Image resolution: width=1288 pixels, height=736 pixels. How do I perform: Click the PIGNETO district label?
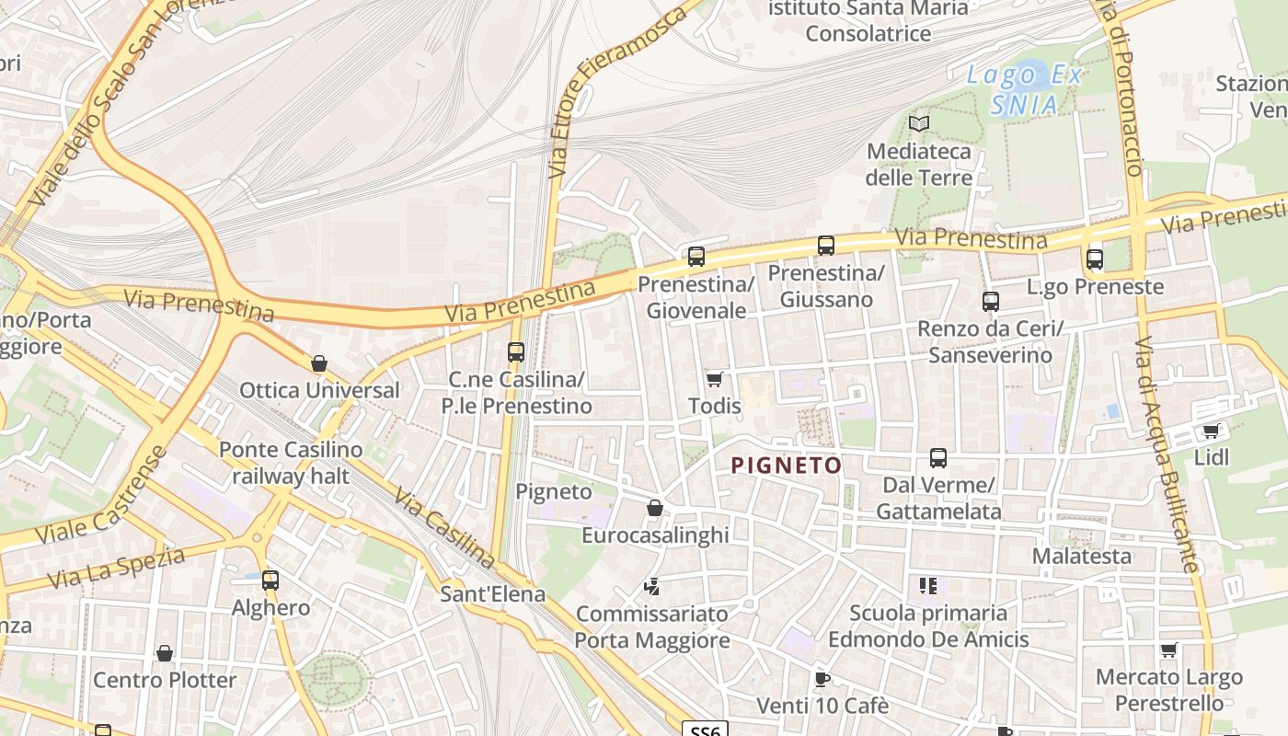click(787, 466)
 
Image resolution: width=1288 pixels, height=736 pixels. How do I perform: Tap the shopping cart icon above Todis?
click(714, 379)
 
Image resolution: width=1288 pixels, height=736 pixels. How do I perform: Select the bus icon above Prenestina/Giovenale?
click(696, 256)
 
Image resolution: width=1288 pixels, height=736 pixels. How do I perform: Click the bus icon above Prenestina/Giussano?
click(826, 246)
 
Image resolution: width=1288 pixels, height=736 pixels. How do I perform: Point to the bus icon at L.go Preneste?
click(1094, 259)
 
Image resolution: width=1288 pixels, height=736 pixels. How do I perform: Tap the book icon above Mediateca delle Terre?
click(919, 123)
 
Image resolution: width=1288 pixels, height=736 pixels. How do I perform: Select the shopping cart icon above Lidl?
click(1212, 431)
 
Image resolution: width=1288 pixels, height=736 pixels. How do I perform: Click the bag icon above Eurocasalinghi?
click(655, 508)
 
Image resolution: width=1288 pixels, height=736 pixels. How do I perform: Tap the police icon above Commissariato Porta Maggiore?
click(652, 586)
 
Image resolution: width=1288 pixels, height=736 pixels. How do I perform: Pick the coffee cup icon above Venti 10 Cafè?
click(822, 680)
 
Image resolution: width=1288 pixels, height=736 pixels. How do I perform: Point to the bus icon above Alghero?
click(270, 581)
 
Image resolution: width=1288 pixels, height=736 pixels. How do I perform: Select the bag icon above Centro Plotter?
click(165, 653)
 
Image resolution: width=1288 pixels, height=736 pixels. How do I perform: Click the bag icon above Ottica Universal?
click(319, 363)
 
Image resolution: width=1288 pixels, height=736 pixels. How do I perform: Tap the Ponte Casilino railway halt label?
click(291, 463)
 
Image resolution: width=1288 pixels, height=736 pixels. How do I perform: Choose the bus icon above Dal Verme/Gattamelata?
click(938, 458)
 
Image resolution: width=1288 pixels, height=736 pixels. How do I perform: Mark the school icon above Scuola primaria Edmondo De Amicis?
click(927, 585)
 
